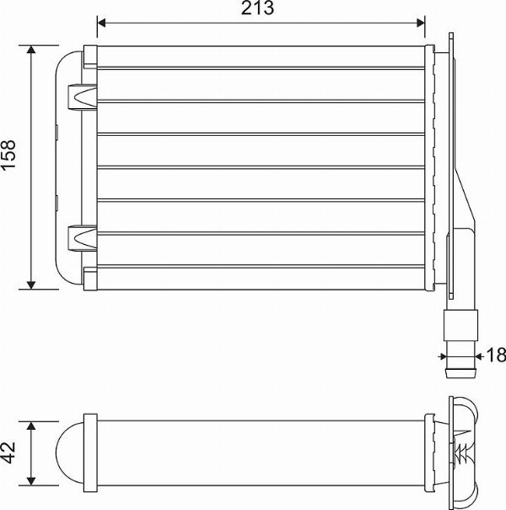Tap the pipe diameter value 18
point(497,355)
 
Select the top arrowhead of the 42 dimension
point(32,425)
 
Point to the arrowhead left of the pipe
point(444,355)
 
